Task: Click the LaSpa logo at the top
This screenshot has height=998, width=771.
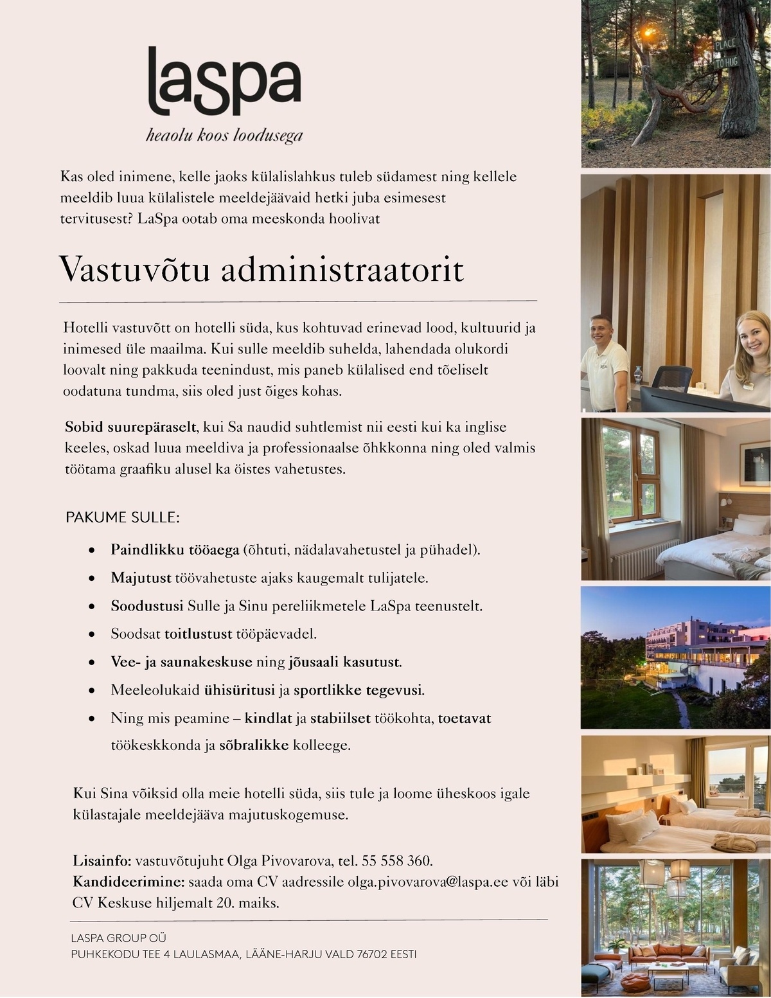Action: pos(224,80)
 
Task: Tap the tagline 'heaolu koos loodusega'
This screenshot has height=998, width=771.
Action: pos(224,136)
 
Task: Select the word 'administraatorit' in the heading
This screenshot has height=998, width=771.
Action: pos(342,270)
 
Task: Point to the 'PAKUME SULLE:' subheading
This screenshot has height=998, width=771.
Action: pos(122,517)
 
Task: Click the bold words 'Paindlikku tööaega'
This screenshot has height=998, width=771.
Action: pos(175,550)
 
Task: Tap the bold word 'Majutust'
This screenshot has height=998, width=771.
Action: pos(141,578)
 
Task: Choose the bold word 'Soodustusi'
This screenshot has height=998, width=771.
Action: pos(147,606)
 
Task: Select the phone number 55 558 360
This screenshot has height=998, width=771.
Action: pos(397,860)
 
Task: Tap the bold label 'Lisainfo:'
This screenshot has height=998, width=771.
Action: pos(102,860)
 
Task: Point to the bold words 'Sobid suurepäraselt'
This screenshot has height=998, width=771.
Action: pos(130,427)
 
